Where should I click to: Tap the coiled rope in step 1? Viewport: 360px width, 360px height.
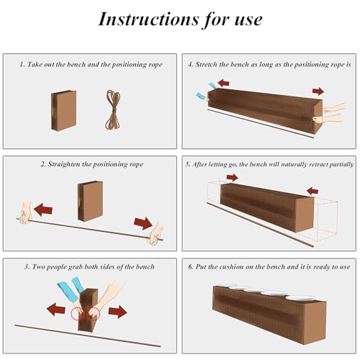coord(113,110)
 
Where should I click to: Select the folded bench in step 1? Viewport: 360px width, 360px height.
coord(63,111)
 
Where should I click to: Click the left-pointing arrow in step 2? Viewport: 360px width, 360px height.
coord(43,210)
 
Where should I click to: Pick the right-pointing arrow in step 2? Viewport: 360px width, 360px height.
coord(143,223)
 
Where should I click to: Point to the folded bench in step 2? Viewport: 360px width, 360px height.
coord(90,201)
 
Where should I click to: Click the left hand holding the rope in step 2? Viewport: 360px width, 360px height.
coord(25,213)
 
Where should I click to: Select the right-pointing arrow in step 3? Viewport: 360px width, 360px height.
coord(117,312)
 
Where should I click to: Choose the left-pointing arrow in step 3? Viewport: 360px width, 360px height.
coord(56,310)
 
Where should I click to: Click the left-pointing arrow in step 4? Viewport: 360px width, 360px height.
coord(223,83)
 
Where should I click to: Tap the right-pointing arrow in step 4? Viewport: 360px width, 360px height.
coord(318,91)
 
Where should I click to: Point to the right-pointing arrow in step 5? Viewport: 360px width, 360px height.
coord(233,178)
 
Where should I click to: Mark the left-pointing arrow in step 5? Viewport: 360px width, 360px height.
coord(312,192)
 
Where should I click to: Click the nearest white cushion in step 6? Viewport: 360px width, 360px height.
coord(300,298)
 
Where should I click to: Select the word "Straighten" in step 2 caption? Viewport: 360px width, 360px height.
coord(64,164)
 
